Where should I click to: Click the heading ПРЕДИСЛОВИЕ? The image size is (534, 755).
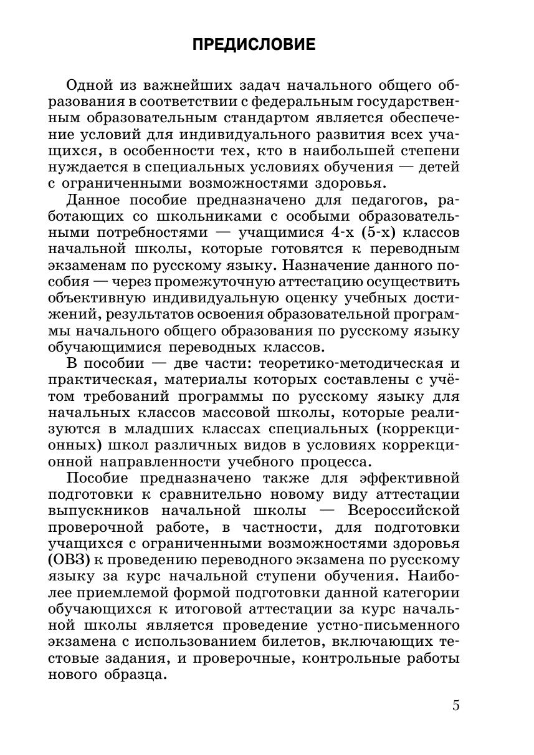pos(254,45)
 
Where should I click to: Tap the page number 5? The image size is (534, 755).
pos(455,706)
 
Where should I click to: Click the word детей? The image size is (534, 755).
pos(438,168)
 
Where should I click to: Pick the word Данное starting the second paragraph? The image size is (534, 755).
pos(94,201)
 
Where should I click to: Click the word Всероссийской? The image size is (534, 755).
pos(404,511)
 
